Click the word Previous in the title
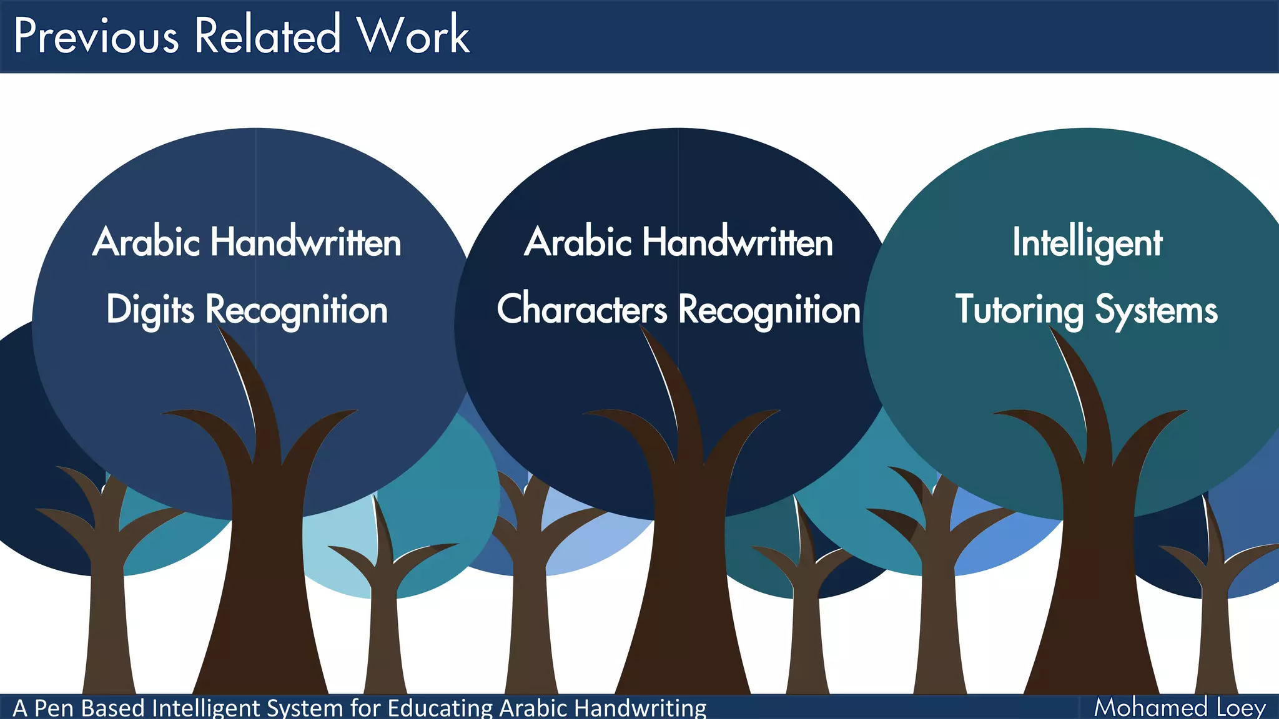(x=96, y=36)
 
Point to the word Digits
(x=150, y=310)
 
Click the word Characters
(x=581, y=309)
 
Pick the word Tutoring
(x=1019, y=310)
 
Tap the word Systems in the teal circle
(x=1156, y=310)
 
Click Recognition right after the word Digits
(x=297, y=310)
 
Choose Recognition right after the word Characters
(x=769, y=310)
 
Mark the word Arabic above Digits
(x=147, y=242)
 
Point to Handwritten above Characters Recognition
(x=738, y=242)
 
